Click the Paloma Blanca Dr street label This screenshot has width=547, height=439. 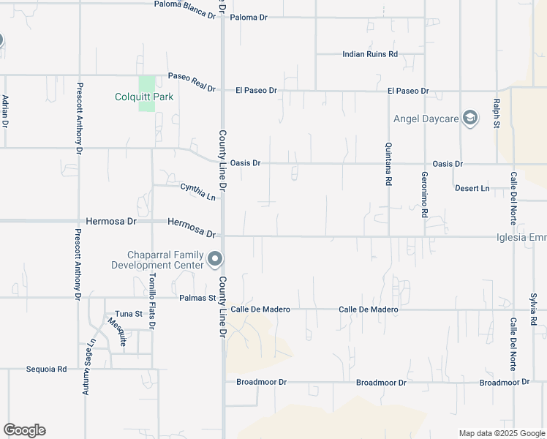click(185, 7)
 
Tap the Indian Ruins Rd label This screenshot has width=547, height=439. click(370, 54)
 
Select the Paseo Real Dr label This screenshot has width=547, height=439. click(192, 82)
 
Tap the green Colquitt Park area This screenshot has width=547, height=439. click(147, 84)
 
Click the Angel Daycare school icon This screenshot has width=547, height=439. click(470, 119)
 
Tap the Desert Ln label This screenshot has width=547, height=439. click(472, 189)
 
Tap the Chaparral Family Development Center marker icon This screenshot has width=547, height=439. click(215, 259)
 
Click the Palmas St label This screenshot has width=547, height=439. click(197, 298)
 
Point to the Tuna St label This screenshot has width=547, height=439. click(129, 314)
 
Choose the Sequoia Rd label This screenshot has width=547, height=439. click(46, 369)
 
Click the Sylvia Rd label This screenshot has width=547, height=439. click(534, 310)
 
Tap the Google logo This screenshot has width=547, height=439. click(24, 430)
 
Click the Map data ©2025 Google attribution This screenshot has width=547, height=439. click(501, 433)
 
